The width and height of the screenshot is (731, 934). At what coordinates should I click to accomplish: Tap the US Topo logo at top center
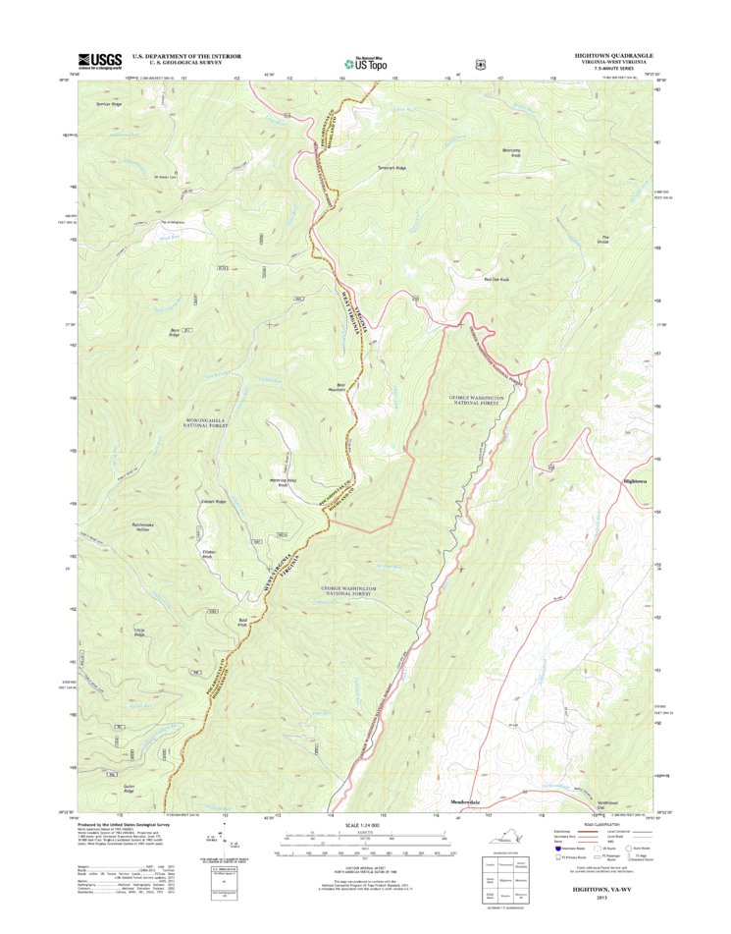coord(364,62)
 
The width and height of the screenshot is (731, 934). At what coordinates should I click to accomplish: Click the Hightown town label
coord(636,481)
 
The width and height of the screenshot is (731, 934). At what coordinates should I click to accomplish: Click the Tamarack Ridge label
coord(392,168)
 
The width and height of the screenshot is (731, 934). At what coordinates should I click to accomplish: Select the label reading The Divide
coord(605,239)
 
